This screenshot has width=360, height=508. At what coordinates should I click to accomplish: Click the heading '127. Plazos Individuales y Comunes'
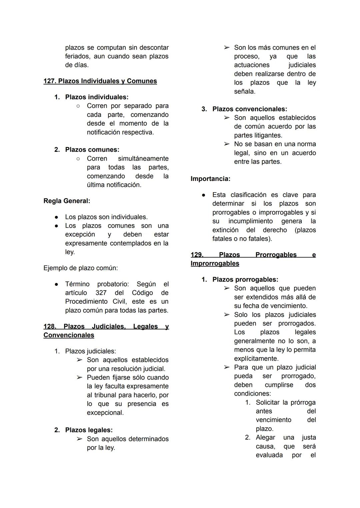point(100,81)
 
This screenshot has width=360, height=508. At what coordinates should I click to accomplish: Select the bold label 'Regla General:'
point(67,201)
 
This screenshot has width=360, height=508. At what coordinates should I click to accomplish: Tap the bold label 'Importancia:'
point(210,179)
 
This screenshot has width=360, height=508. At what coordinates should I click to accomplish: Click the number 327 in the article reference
point(101,293)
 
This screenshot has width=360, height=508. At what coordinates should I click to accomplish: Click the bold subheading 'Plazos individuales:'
point(97,97)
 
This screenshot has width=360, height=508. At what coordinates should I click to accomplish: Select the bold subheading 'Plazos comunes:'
point(92,150)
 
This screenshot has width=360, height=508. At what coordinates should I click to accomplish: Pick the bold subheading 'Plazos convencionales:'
point(250,109)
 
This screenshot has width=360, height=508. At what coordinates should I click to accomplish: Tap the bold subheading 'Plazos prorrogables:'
point(245,279)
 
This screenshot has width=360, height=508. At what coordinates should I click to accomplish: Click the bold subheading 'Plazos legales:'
point(89,430)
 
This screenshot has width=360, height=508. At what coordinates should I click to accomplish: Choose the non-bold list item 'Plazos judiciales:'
point(90,351)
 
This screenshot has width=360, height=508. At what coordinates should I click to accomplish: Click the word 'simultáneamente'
point(143,159)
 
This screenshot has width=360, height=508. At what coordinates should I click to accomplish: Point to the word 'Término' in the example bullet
point(77,284)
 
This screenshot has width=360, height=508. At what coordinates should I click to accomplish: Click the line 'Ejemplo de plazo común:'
point(80,268)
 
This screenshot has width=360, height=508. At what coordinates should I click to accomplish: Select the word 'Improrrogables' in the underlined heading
point(215,263)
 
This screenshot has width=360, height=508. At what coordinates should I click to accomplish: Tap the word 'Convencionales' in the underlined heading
point(69,335)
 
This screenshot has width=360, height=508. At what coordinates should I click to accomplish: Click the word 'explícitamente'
point(256,358)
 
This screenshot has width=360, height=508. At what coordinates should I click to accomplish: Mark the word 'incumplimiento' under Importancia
point(250,221)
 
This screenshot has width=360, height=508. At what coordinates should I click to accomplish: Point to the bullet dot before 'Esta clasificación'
point(203,195)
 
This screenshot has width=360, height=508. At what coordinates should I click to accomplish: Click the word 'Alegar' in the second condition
point(265,437)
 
